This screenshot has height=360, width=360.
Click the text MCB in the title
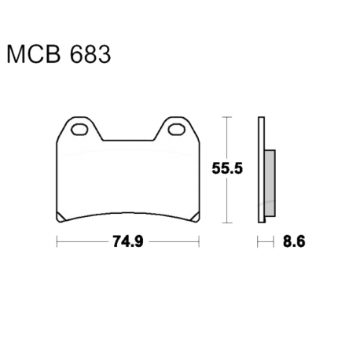(34, 54)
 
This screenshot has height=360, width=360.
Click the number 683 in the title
(90, 54)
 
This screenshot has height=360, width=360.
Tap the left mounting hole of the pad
(79, 130)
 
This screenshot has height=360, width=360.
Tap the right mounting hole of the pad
(177, 130)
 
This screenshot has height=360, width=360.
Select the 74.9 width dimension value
(128, 241)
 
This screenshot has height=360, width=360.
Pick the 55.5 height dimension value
(227, 168)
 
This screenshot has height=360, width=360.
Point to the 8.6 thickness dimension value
(294, 241)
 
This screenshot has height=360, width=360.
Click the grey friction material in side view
(270, 183)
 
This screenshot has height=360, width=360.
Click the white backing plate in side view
(261, 170)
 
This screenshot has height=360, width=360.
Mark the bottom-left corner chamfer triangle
(60, 218)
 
